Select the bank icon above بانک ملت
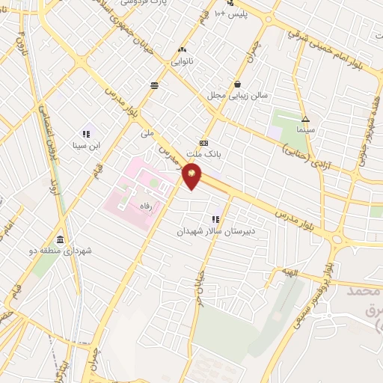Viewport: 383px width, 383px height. pyautogui.click(x=203, y=142)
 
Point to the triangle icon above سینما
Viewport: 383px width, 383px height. pyautogui.click(x=304, y=119)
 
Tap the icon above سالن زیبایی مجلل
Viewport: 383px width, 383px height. pyautogui.click(x=237, y=85)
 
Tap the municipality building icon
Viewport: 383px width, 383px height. pyautogui.click(x=59, y=240)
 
